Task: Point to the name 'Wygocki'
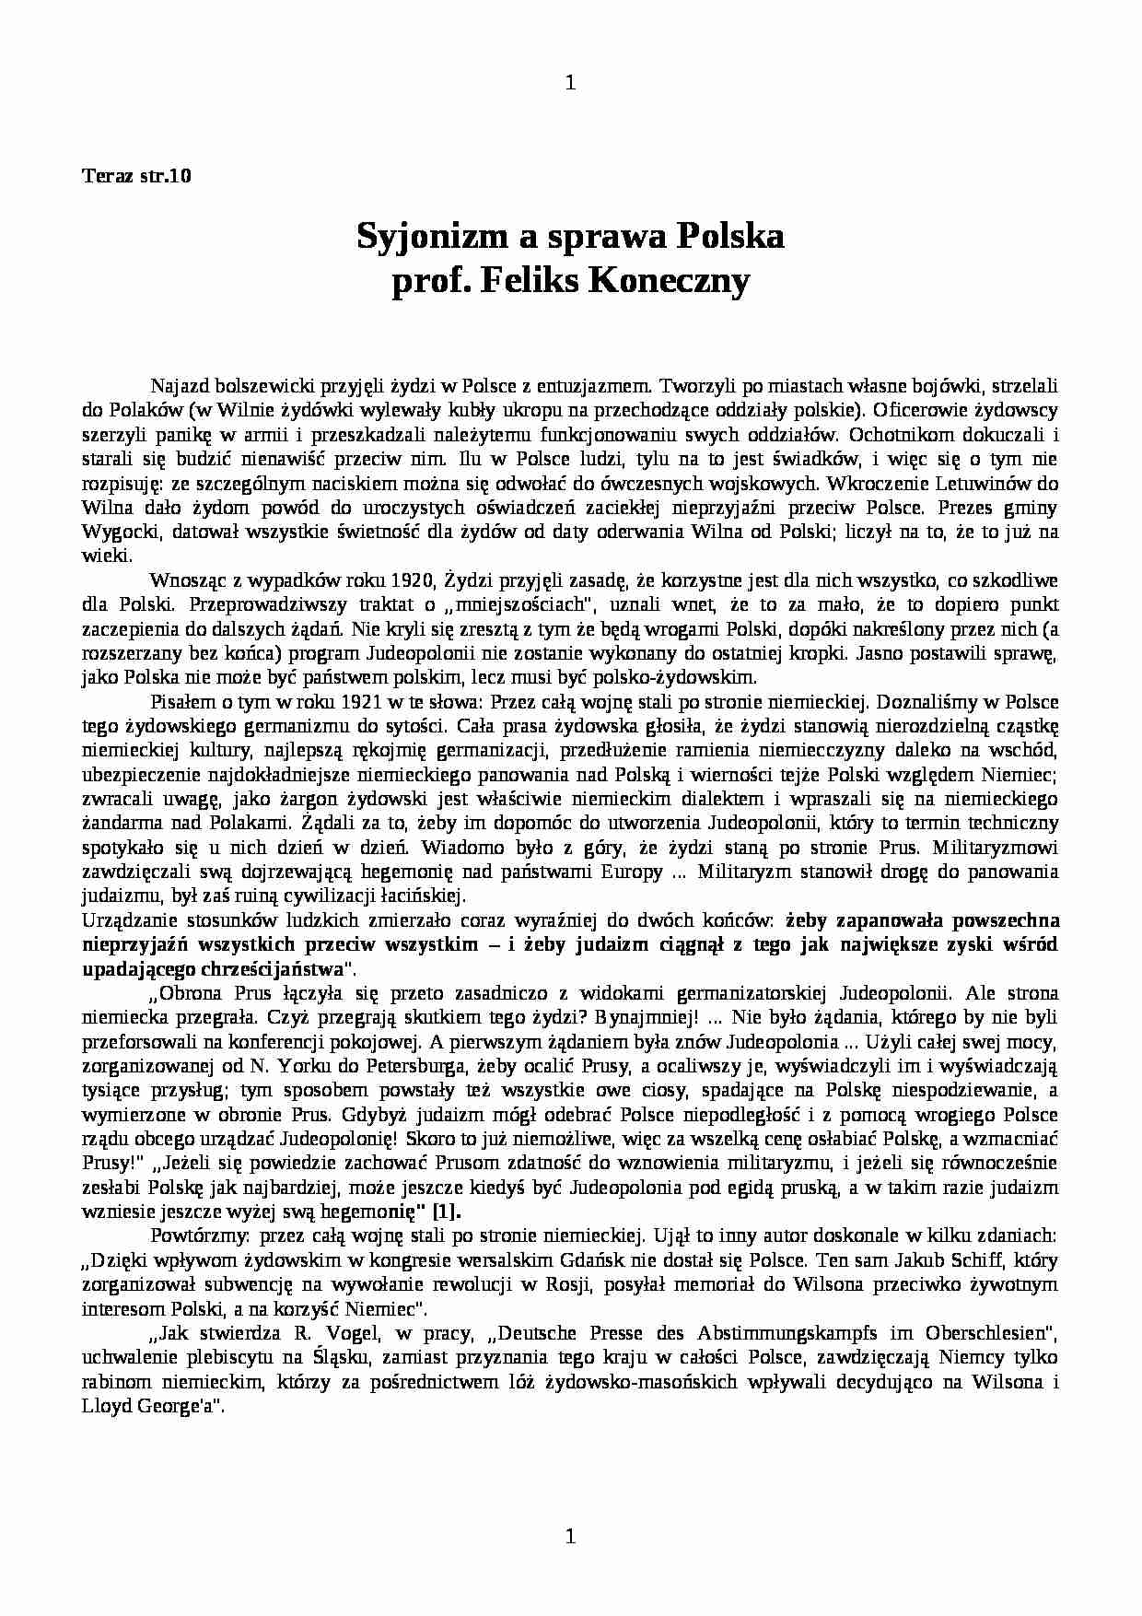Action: tap(112, 533)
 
